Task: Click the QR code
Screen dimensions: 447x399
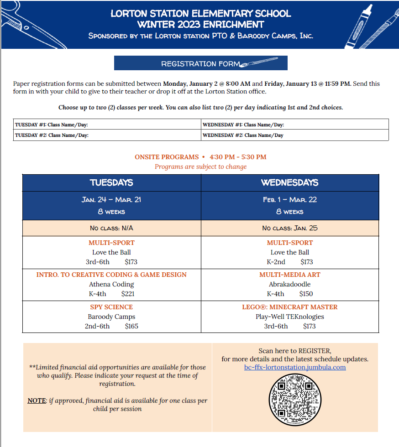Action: tap(295, 400)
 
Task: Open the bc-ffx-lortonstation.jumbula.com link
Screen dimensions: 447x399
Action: tap(295, 367)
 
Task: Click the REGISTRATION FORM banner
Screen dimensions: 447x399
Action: tap(200, 63)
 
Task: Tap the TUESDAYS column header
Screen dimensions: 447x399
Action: tap(111, 183)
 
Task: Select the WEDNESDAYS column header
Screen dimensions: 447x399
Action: tap(289, 183)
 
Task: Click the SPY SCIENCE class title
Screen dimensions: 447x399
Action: tap(111, 307)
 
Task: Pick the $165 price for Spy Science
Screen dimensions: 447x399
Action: tap(131, 326)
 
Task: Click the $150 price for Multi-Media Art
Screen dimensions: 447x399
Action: tap(306, 294)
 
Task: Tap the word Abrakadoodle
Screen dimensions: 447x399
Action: tap(289, 284)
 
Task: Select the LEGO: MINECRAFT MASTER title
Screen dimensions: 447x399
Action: tap(289, 307)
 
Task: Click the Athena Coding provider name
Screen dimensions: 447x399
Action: tap(111, 284)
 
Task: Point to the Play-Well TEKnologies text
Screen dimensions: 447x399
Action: tap(289, 317)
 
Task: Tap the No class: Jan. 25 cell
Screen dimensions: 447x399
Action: tap(289, 228)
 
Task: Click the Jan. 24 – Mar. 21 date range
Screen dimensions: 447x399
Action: tap(111, 200)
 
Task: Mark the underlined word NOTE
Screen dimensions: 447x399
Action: tap(37, 400)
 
